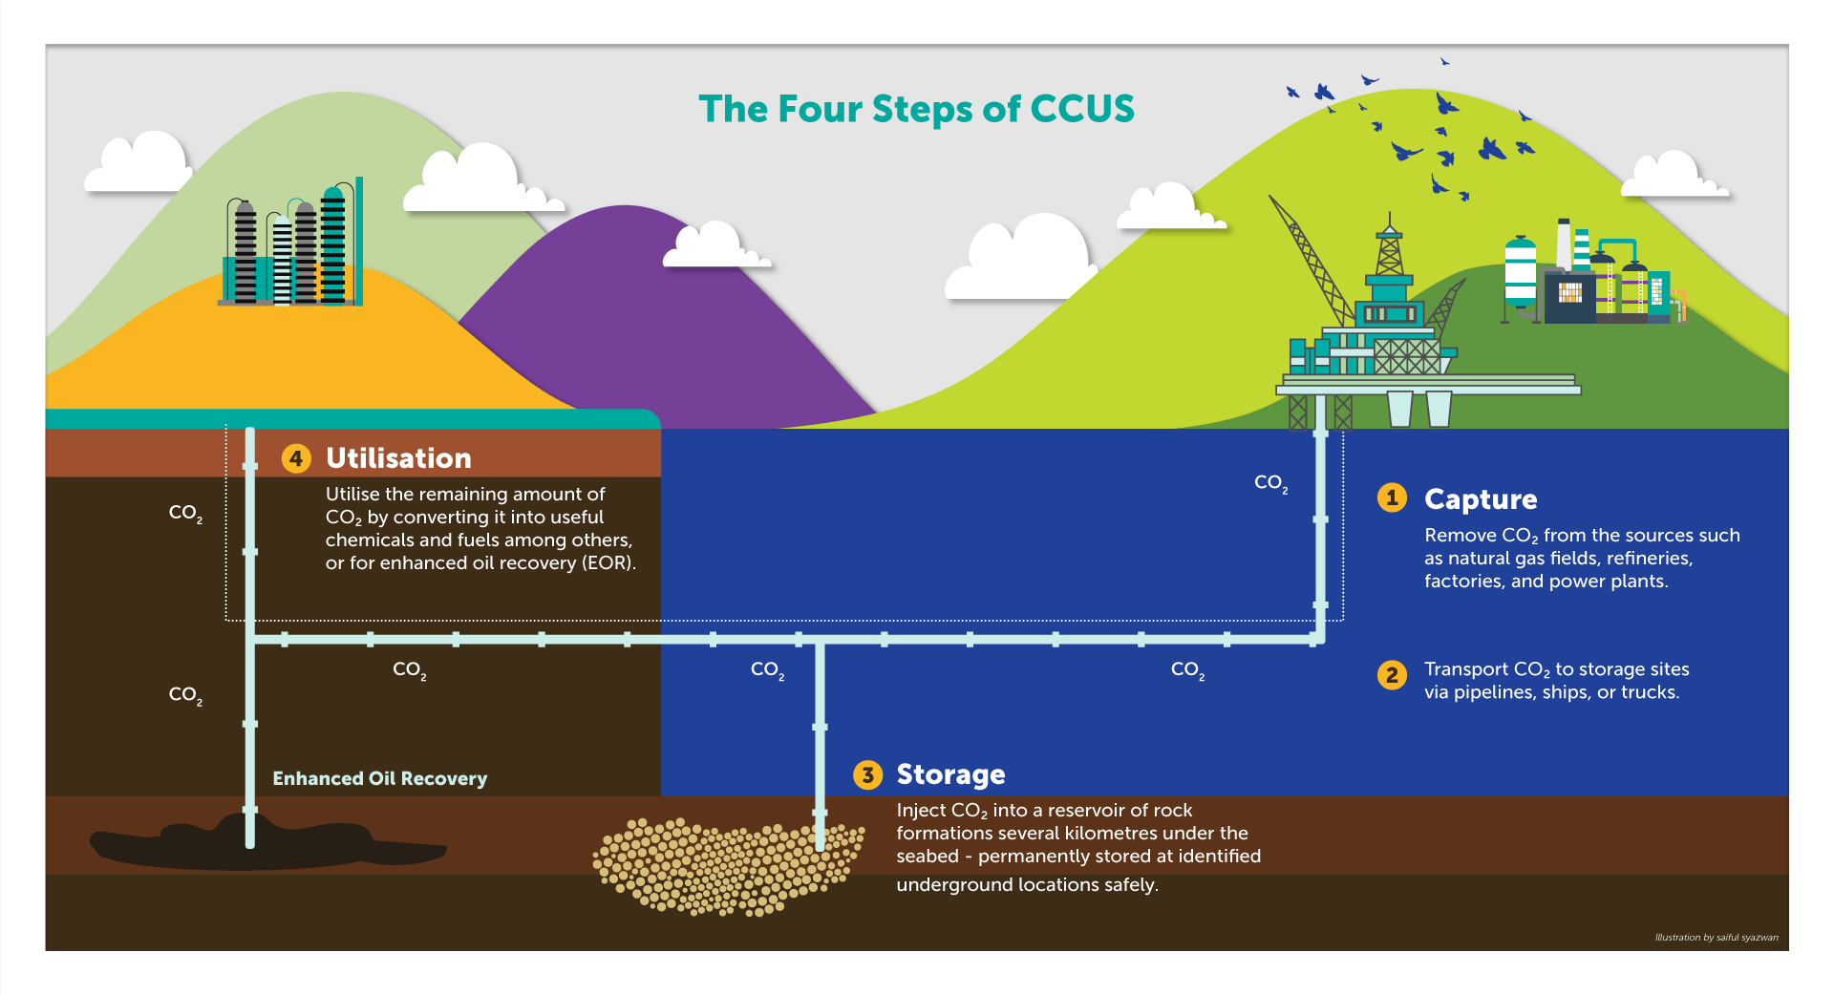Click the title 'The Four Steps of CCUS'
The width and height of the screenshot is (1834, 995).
coord(916,109)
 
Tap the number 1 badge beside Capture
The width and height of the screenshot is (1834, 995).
coord(1392,497)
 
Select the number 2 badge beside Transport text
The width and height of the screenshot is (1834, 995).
coord(1392,675)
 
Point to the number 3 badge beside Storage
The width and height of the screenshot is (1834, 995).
coord(867,774)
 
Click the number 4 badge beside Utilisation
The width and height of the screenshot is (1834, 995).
coord(296,458)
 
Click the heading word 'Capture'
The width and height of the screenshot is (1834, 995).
coord(1481,499)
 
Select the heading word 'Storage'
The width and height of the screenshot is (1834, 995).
coord(950,774)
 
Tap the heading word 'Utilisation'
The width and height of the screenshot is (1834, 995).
coord(398,458)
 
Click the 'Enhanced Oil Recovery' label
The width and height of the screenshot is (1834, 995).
coord(379,778)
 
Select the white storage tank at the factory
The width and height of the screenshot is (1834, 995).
coord(1520,272)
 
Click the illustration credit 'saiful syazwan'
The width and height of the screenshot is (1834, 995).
coord(1747,938)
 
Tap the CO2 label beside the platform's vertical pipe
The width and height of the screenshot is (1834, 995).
coord(1270,483)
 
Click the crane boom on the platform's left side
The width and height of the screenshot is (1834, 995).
coord(1309,253)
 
